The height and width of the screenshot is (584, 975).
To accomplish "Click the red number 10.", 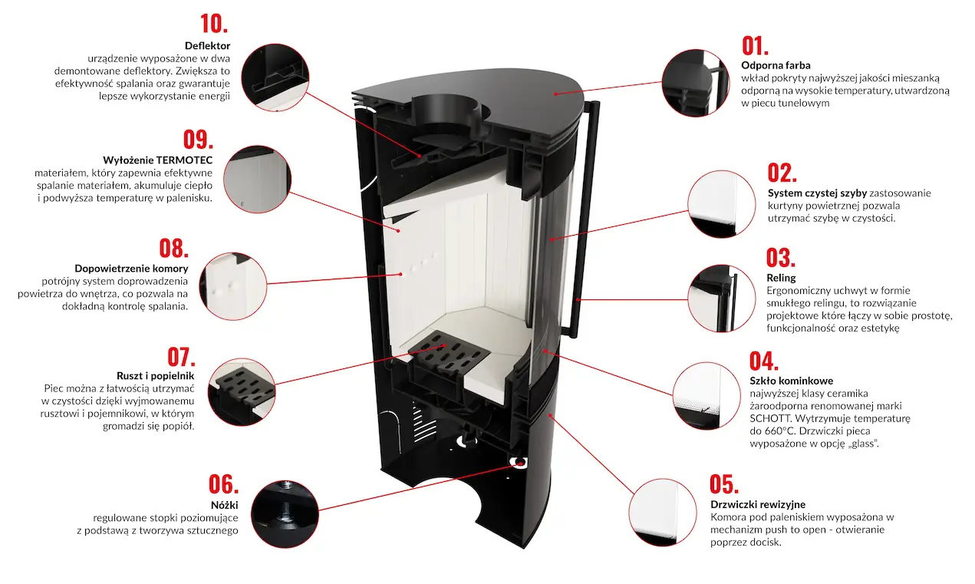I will click(214, 23).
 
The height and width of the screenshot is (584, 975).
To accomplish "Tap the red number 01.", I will click(755, 45).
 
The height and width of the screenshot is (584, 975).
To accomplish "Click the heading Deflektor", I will click(207, 46).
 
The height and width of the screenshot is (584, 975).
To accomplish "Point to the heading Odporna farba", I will click(776, 65).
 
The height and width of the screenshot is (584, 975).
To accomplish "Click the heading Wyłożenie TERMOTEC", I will click(157, 160).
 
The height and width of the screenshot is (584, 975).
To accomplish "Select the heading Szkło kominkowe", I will click(791, 381).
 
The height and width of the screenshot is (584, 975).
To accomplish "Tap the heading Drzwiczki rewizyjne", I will click(758, 504).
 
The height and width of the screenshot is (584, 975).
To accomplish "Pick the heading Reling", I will click(781, 278).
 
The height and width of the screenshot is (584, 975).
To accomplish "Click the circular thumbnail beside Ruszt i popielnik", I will click(241, 391).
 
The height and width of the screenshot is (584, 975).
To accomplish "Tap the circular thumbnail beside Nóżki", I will click(284, 514).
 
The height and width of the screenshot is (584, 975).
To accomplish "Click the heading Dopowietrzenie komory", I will click(131, 269).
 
